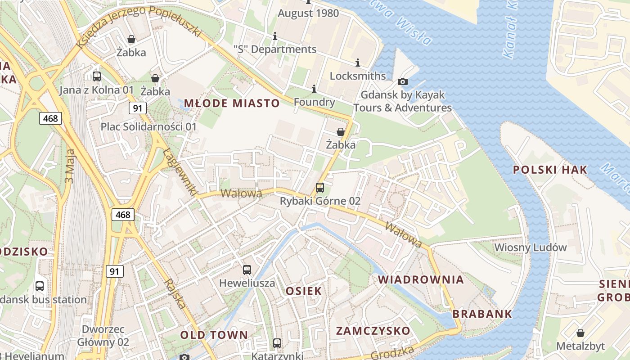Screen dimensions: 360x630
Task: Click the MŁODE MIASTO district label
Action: tap(232, 103)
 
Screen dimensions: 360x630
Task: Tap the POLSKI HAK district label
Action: tap(550, 170)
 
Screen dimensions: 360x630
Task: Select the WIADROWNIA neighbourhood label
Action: tap(420, 279)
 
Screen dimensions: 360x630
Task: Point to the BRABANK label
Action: tap(482, 314)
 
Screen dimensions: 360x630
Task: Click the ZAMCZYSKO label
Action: tap(373, 331)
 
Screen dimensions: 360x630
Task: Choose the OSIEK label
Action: tap(304, 291)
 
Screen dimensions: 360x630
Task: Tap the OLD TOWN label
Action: tap(214, 335)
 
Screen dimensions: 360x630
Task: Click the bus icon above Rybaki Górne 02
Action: tap(320, 188)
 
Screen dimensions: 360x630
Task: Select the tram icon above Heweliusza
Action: tap(247, 270)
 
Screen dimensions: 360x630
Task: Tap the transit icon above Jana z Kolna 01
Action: tap(97, 76)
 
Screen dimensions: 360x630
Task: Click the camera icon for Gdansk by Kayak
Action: tap(403, 81)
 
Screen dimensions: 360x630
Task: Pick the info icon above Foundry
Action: tap(314, 89)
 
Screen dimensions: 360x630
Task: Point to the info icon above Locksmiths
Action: tap(358, 63)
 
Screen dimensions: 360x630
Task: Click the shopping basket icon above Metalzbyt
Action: tap(580, 333)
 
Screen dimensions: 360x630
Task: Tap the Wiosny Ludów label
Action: tap(530, 247)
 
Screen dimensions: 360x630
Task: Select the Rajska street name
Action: tap(175, 293)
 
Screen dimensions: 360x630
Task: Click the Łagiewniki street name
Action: tap(180, 172)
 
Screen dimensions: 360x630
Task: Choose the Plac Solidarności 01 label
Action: tap(148, 127)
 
